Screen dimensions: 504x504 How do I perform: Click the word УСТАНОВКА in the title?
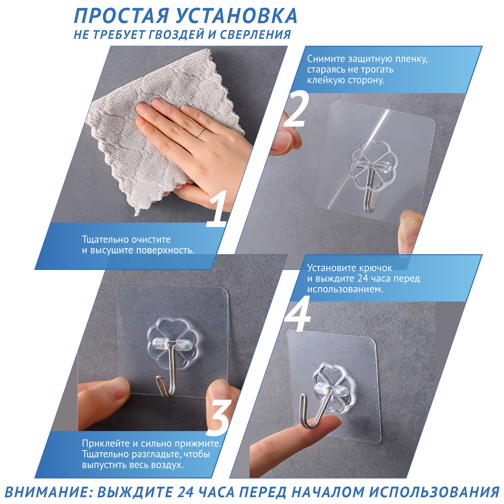pos(236,16)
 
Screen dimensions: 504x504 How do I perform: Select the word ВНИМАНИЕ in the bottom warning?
pos(47,492)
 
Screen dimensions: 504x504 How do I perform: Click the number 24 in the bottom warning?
pos(185,492)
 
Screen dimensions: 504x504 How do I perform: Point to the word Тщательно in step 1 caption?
pos(105,239)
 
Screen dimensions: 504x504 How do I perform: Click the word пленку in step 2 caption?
pos(411,59)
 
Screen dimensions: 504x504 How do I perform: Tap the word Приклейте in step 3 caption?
pos(106,444)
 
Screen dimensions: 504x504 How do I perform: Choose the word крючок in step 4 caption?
pos(375,268)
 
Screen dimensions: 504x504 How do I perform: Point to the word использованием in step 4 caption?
pos(345,289)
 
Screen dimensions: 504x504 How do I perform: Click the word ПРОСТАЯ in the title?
pos(121,16)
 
